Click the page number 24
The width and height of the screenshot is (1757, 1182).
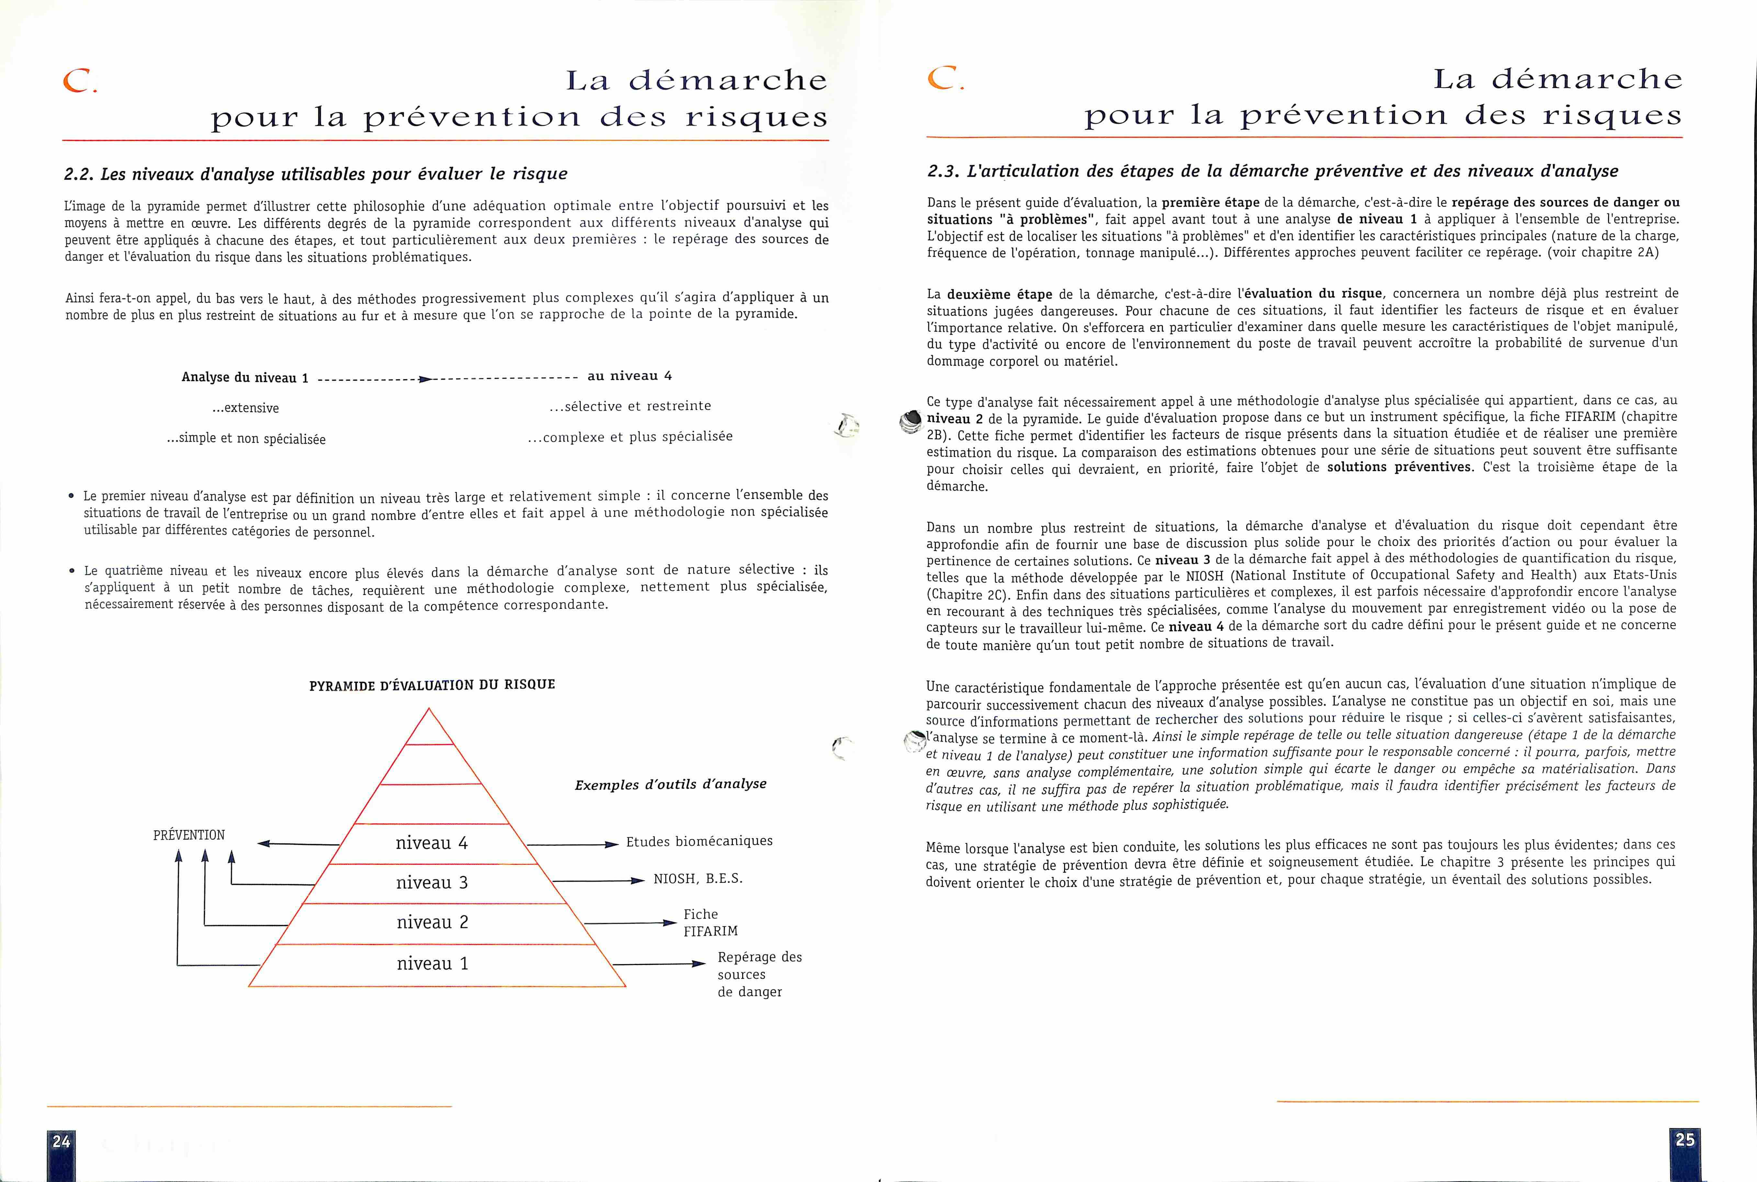click(61, 1141)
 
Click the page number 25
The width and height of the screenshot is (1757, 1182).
click(1684, 1140)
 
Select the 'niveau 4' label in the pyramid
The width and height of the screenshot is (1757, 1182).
click(431, 843)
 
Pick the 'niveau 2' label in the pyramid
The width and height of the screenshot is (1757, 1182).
click(432, 922)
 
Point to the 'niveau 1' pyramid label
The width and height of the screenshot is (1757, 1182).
click(432, 964)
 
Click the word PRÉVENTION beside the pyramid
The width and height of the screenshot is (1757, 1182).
click(188, 835)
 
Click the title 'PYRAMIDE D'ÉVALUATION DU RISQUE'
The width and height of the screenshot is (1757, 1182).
click(432, 685)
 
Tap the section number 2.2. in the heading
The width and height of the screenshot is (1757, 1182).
click(79, 174)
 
